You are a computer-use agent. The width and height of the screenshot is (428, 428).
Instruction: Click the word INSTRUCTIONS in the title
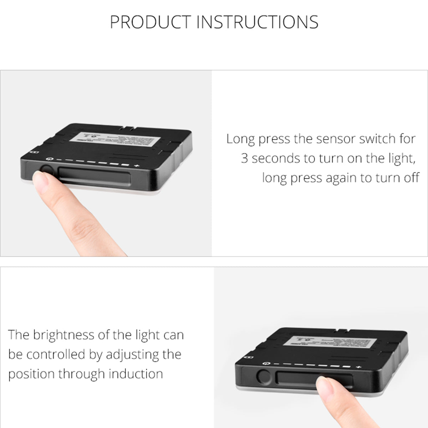pyautogui.click(x=257, y=22)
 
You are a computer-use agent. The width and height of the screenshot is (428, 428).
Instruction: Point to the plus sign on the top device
pyautogui.click(x=136, y=166)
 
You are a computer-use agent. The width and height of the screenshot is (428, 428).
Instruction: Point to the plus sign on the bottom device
pyautogui.click(x=358, y=367)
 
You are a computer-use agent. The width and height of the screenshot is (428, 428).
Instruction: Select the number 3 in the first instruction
pyautogui.click(x=244, y=158)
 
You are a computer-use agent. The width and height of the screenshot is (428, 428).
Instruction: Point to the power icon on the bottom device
pyautogui.click(x=265, y=363)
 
